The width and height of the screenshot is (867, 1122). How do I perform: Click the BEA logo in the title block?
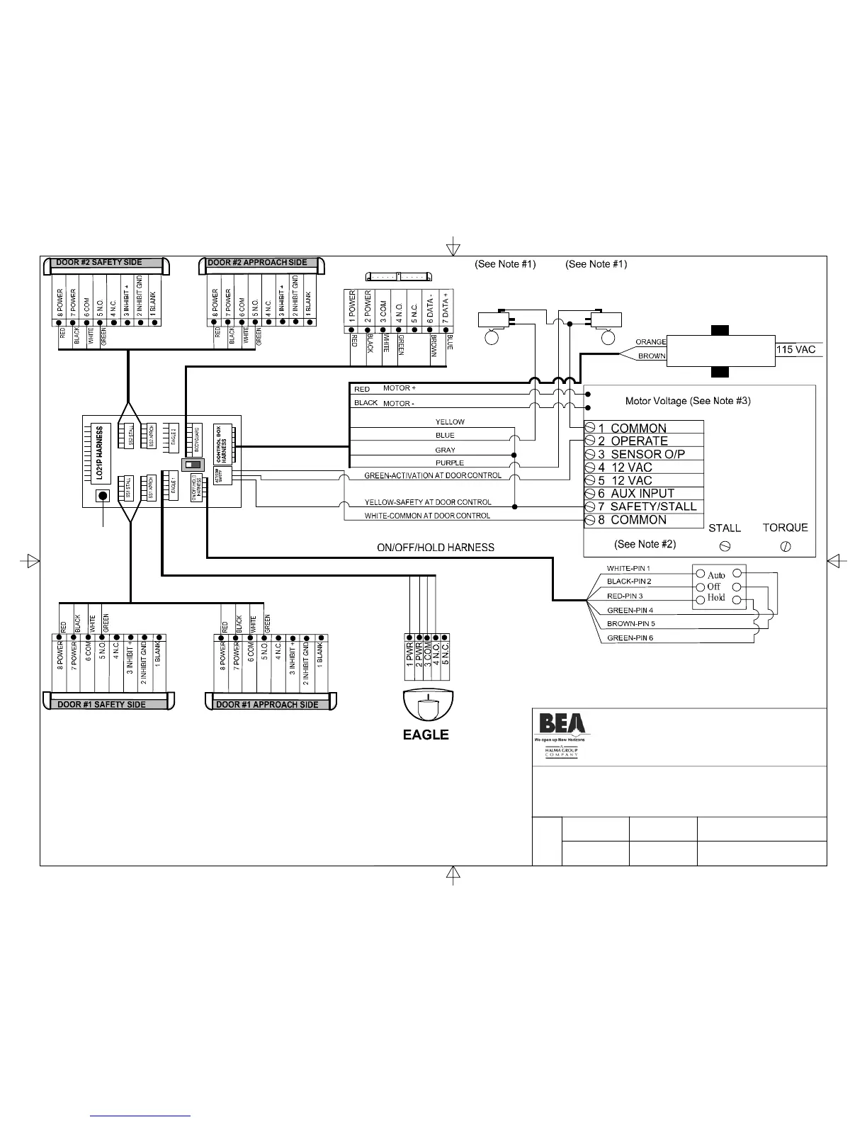pyautogui.click(x=562, y=723)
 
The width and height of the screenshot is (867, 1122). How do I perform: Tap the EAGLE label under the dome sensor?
pyautogui.click(x=426, y=735)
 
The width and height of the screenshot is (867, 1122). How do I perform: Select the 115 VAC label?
pyautogui.click(x=796, y=349)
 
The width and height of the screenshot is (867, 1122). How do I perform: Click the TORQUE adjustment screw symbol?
pyautogui.click(x=785, y=546)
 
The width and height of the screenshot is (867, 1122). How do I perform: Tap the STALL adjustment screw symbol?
pyautogui.click(x=725, y=546)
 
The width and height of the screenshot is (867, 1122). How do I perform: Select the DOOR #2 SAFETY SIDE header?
pyautogui.click(x=99, y=263)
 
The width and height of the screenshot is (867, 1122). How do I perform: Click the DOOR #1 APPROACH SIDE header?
pyautogui.click(x=267, y=705)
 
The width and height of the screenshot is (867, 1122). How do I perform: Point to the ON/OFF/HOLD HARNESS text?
pyautogui.click(x=435, y=547)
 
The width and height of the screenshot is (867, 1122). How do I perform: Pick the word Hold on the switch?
pyautogui.click(x=716, y=598)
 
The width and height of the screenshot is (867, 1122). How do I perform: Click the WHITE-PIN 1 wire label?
pyautogui.click(x=628, y=568)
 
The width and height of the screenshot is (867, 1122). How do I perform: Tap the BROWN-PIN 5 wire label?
pyautogui.click(x=630, y=624)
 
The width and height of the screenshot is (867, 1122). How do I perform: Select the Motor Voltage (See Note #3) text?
pyautogui.click(x=688, y=401)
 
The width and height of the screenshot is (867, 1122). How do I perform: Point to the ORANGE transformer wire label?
pyautogui.click(x=650, y=342)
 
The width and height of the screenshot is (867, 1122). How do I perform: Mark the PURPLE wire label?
pyautogui.click(x=450, y=463)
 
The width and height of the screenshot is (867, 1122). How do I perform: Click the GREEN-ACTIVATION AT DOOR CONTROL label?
pyautogui.click(x=433, y=475)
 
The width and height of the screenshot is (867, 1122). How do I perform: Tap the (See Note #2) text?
pyautogui.click(x=645, y=544)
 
